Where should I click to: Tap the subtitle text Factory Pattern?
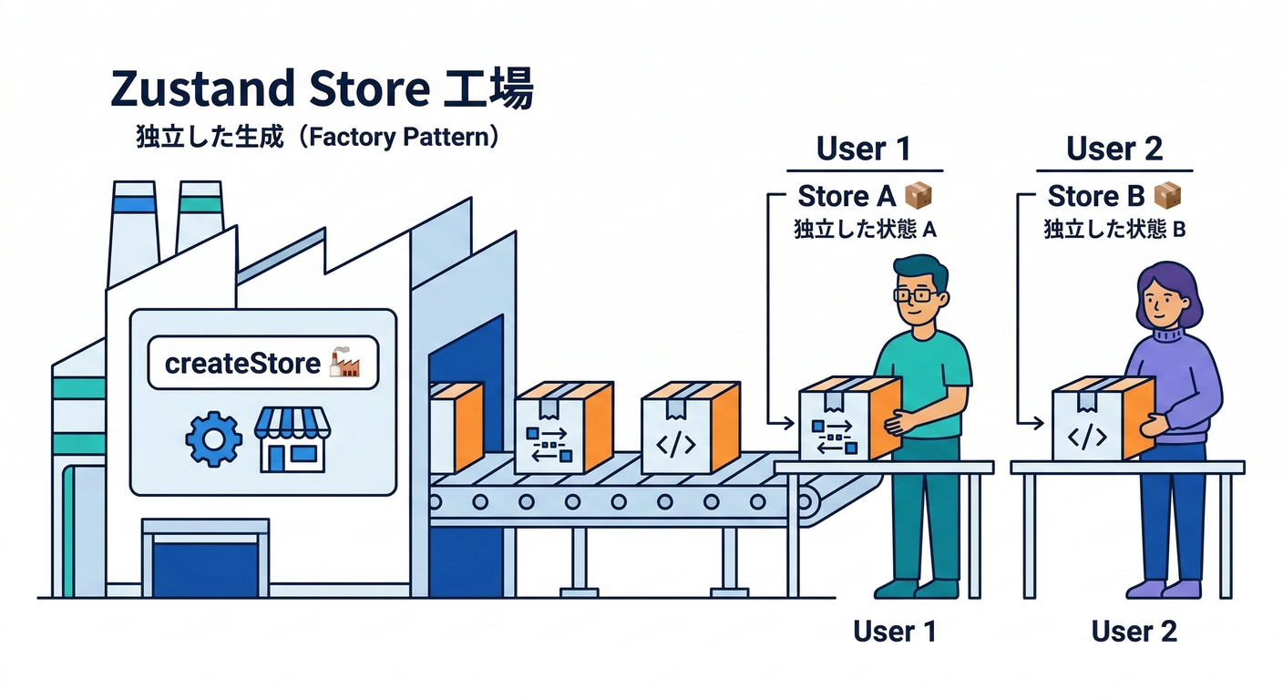(403, 138)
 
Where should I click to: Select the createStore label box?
(262, 364)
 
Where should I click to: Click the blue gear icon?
(213, 439)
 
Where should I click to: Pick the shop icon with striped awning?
(291, 438)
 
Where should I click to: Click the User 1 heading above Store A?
(863, 149)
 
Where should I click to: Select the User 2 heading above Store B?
(1114, 149)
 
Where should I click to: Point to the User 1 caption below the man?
(894, 631)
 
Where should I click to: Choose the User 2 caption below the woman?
(1134, 631)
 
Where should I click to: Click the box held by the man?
(847, 419)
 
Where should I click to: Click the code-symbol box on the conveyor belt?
(689, 428)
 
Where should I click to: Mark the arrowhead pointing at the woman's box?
(1039, 423)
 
